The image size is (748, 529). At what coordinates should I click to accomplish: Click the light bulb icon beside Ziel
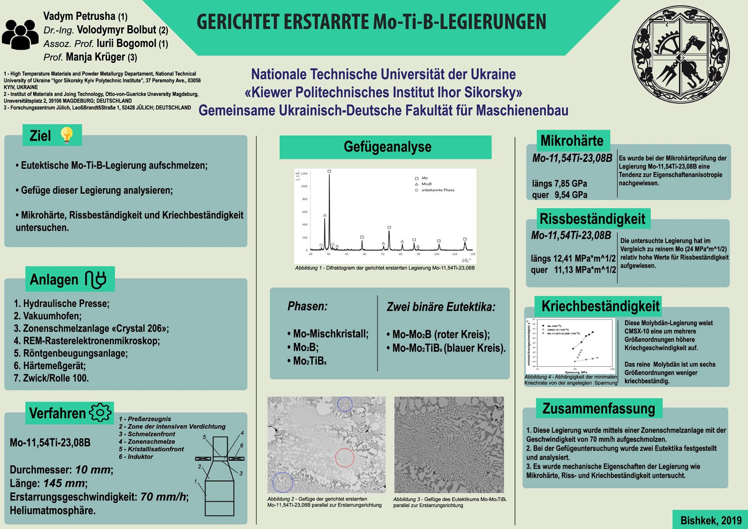point(67,135)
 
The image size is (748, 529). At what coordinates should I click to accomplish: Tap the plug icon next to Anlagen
point(96,279)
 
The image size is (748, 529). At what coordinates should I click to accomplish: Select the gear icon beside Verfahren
point(100,412)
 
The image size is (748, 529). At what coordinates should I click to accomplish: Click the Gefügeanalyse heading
point(387,147)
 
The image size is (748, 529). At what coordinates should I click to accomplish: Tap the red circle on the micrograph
point(345,457)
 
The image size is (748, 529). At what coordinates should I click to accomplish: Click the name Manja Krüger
point(95,57)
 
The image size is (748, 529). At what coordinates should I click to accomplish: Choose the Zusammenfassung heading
point(599,408)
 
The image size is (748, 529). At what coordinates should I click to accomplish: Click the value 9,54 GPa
point(571,195)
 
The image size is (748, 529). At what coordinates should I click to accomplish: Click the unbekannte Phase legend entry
point(438,190)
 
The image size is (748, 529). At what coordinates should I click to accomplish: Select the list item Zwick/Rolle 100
point(51,378)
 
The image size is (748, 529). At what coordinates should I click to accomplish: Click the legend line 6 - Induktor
point(136,457)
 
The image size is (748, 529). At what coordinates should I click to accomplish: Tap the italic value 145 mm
point(64,483)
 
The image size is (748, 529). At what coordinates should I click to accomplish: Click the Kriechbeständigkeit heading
point(600,306)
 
